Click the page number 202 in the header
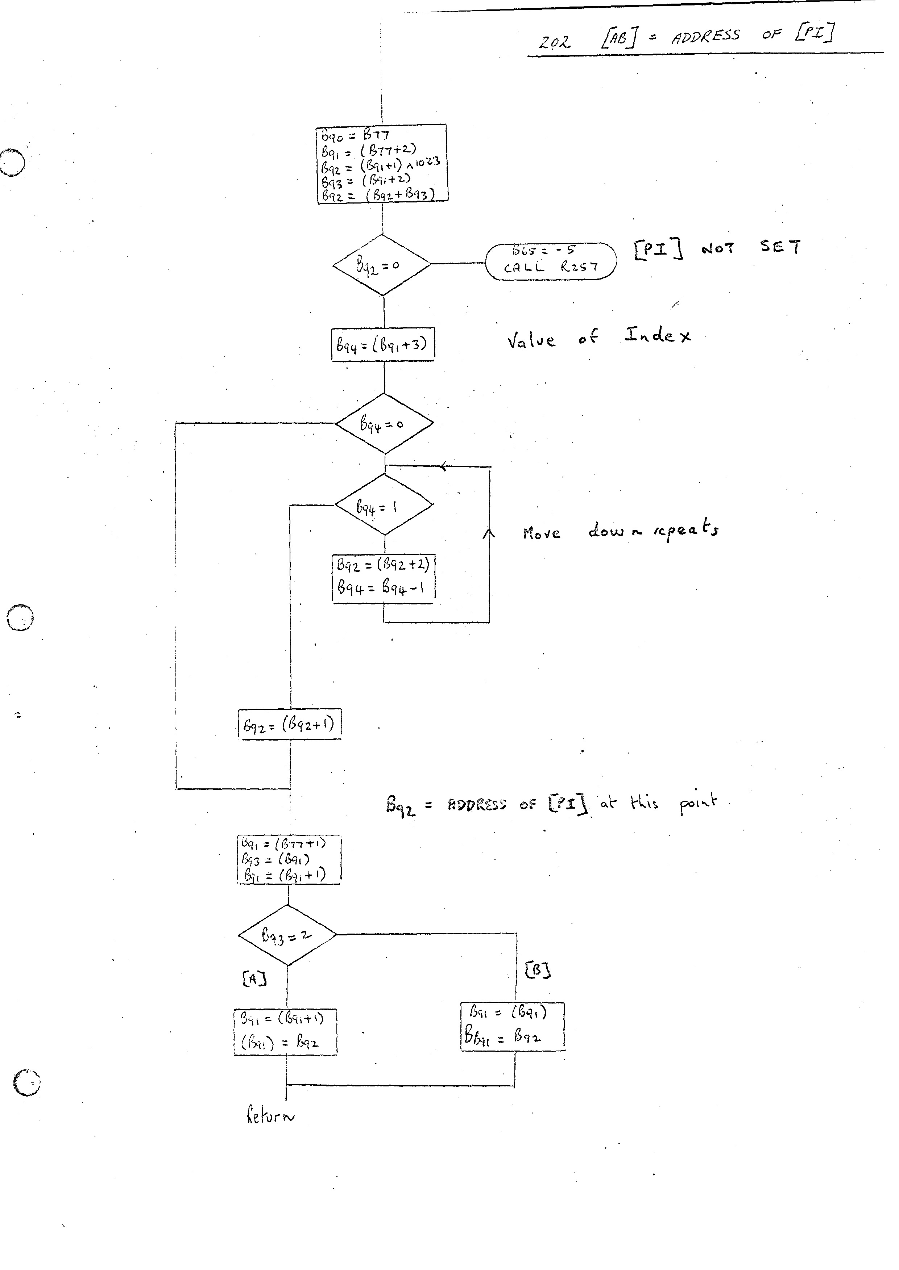tap(554, 42)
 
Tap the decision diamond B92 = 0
tap(381, 265)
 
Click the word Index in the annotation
tap(658, 335)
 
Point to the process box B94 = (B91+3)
tap(382, 345)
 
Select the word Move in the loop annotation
tap(541, 533)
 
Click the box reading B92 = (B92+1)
tap(290, 724)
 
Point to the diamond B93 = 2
tap(287, 935)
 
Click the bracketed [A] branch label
tap(254, 979)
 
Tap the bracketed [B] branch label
tap(537, 970)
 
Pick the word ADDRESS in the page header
tap(705, 37)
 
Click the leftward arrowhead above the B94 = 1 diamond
tap(443, 466)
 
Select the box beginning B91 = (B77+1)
tap(289, 860)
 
